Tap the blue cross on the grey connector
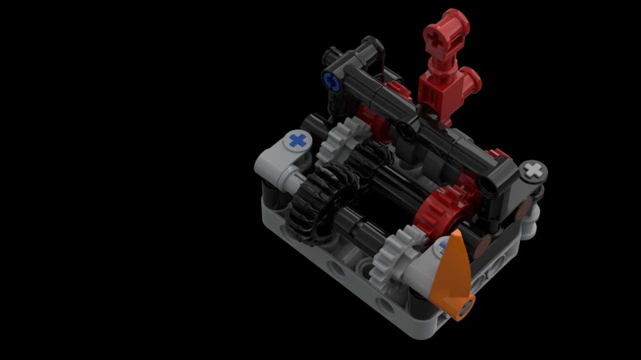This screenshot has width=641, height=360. click(x=297, y=140)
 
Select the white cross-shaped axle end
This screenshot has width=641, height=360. click(x=533, y=170)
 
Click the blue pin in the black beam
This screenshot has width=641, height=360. click(x=331, y=81)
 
